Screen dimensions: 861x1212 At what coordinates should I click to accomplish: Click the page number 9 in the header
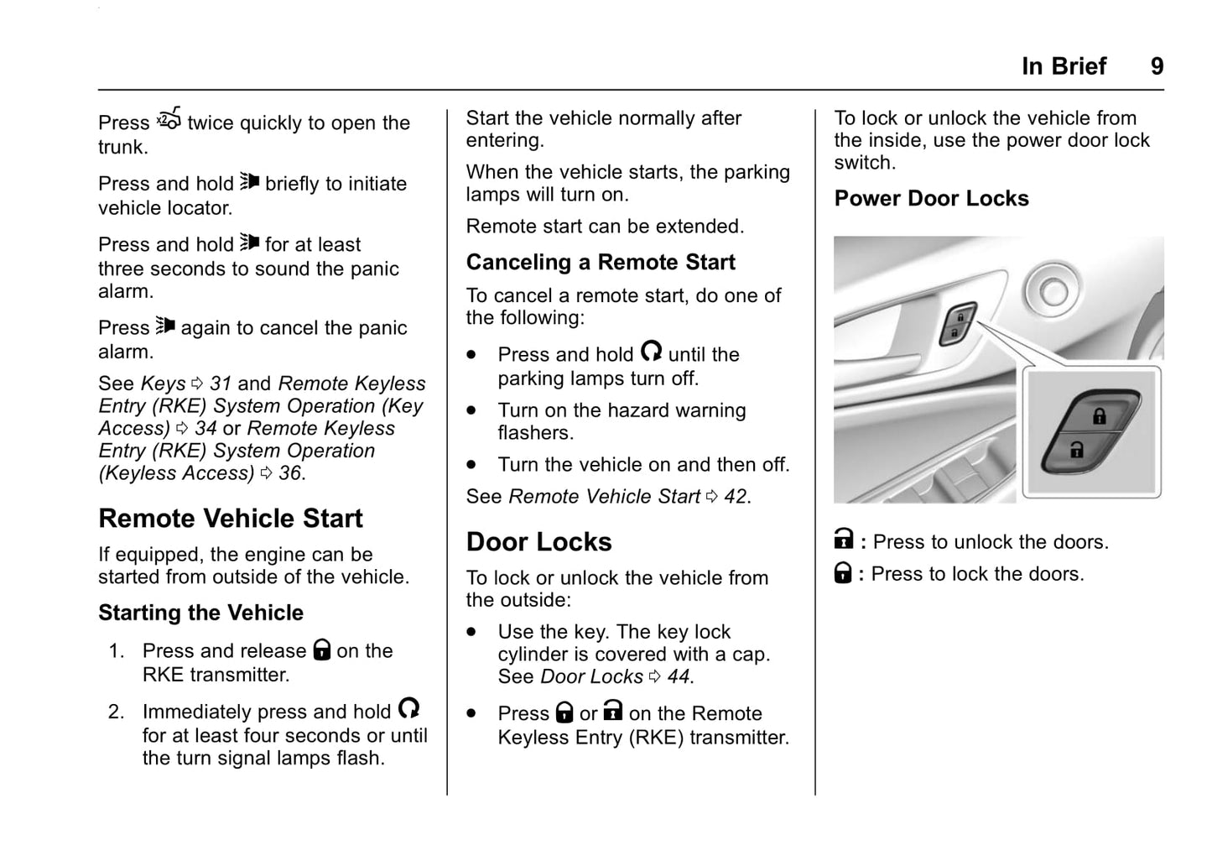(x=1157, y=66)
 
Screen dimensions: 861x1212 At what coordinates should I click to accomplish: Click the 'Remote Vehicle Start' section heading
(x=231, y=519)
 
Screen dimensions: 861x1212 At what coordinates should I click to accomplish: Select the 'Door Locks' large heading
(x=538, y=542)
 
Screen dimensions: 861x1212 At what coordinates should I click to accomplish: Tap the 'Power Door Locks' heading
(x=931, y=199)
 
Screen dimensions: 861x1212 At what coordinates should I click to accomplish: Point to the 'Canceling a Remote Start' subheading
(x=601, y=263)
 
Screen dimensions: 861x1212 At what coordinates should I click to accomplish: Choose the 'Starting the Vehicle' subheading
(x=200, y=613)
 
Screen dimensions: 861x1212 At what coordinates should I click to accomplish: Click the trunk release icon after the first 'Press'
(x=169, y=119)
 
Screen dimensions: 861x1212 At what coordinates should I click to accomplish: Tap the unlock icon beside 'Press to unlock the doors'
(x=844, y=539)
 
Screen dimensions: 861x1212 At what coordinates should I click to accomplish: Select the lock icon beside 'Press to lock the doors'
(x=843, y=573)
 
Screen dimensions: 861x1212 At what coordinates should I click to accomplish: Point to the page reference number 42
(x=736, y=497)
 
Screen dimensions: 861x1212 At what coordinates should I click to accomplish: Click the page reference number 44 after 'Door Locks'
(x=679, y=677)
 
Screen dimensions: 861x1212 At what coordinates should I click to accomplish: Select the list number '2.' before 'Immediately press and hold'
(x=116, y=712)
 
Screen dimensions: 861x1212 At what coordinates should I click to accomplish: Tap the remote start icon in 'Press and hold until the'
(x=651, y=351)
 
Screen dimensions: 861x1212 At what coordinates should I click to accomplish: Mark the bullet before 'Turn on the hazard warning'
(x=472, y=411)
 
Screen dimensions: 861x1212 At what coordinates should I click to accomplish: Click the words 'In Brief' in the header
(x=1064, y=66)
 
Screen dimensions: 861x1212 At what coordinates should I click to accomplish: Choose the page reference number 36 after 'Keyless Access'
(x=289, y=473)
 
